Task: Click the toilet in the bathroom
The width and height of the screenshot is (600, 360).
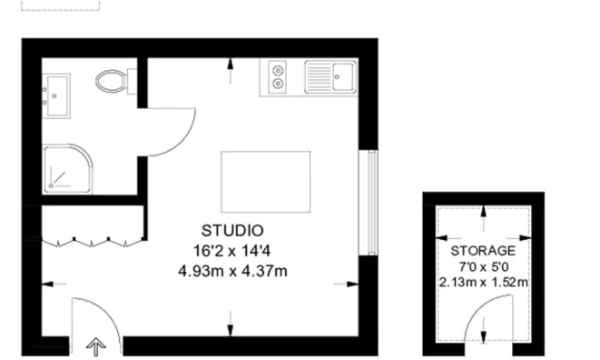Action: pyautogui.click(x=112, y=80)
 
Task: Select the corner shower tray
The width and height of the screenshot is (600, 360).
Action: pyautogui.click(x=64, y=167)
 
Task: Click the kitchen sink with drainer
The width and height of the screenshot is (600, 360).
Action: pyautogui.click(x=330, y=76)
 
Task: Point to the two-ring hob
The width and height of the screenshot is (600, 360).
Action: pyautogui.click(x=275, y=76)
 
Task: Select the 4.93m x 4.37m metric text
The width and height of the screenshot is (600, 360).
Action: pyautogui.click(x=233, y=270)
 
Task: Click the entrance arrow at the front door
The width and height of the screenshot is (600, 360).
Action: pyautogui.click(x=94, y=345)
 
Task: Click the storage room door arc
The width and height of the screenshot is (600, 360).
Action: pyautogui.click(x=478, y=314)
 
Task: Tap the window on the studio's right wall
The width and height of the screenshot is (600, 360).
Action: pyautogui.click(x=369, y=202)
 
